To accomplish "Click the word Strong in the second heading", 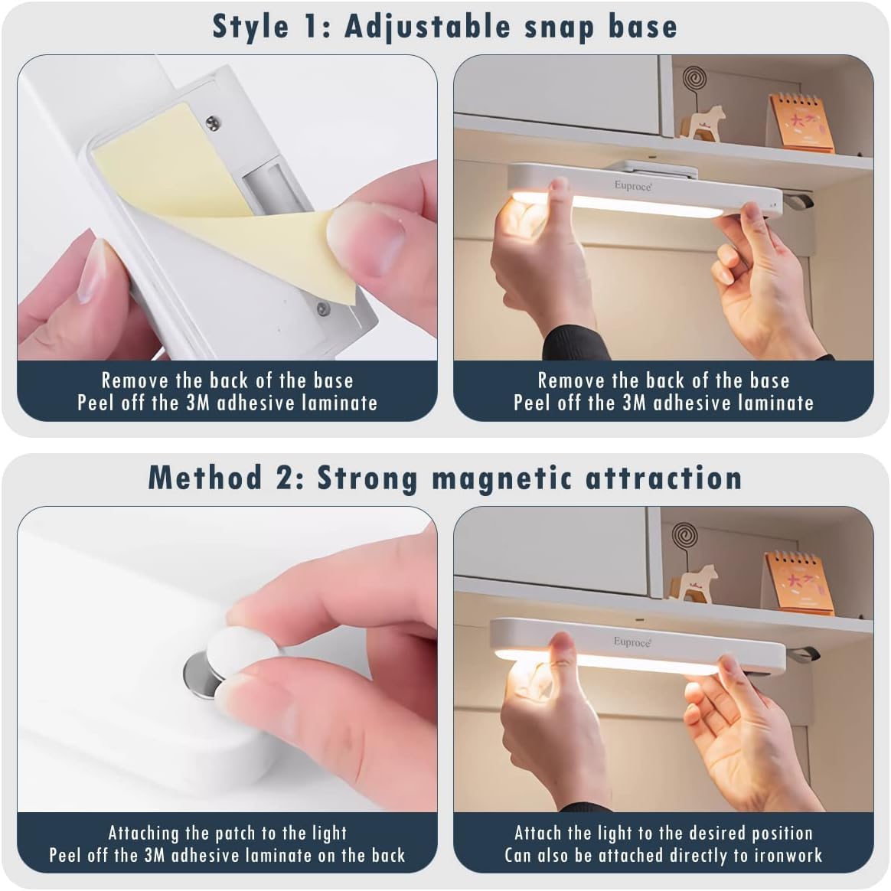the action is tap(367, 478).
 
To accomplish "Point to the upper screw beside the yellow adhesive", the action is tap(213, 122).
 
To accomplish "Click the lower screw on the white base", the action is tap(323, 308).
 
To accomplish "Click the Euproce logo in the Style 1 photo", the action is tap(632, 186).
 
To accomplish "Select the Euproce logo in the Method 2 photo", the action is tap(632, 641).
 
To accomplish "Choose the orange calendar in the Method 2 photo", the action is tap(798, 583).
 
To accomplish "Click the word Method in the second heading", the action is tap(205, 478).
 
